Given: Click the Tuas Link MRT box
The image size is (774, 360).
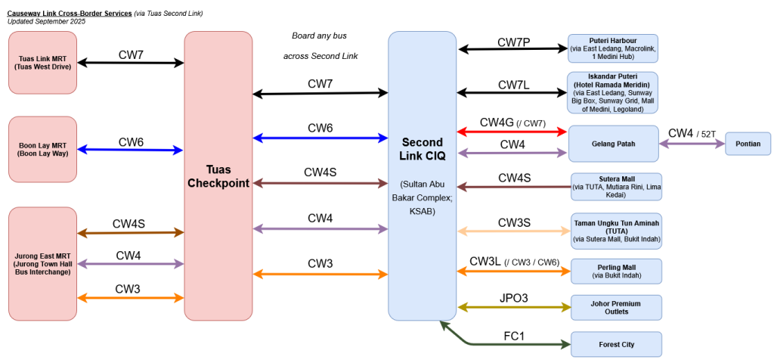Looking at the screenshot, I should point(42,62).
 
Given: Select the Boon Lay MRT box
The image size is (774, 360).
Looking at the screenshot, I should point(42,150).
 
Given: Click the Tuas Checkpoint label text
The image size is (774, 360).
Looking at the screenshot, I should point(218,176).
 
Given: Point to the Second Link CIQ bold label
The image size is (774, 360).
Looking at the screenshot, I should point(422,149).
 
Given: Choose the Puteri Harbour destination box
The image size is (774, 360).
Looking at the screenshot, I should point(612,48).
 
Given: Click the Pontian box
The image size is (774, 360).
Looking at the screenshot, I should point(748,143).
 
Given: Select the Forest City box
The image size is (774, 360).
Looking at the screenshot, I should point(616,344).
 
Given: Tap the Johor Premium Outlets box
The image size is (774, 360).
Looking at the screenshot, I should point(616,307).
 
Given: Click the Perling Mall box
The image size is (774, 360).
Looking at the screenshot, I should point(616,271).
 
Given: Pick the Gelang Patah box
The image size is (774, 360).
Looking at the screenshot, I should point(614,143).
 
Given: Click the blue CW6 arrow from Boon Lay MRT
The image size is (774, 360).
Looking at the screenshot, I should point(130,151).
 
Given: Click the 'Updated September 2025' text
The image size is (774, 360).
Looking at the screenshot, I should point(46,22).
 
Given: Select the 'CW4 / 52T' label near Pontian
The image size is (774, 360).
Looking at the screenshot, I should point(692,133).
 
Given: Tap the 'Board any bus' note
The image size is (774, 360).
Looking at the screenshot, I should point(319,36).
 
